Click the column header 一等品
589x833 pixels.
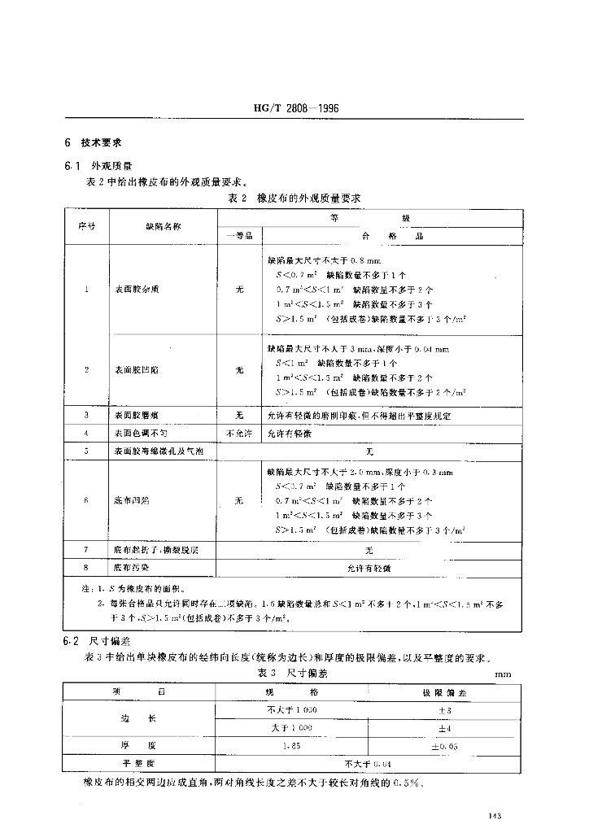[x=239, y=235]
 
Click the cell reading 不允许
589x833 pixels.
[x=239, y=434]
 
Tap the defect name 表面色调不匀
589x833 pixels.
[x=141, y=434]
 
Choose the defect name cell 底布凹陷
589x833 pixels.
[x=131, y=500]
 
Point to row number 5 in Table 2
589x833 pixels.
[x=85, y=451]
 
